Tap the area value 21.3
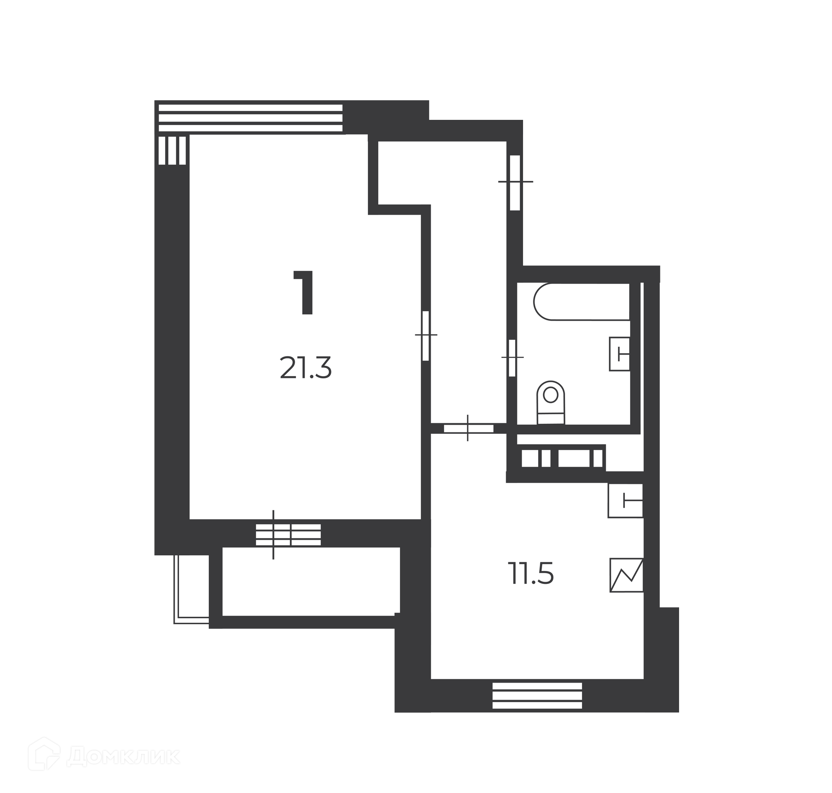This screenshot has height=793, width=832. (x=306, y=368)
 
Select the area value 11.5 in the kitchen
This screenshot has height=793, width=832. (x=531, y=574)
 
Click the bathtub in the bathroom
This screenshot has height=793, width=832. (x=582, y=302)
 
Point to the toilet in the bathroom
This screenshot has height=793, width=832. (x=551, y=403)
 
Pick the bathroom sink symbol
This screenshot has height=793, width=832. (x=620, y=354)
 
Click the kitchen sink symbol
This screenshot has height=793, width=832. (x=625, y=500)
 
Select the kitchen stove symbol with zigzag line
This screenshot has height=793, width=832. (x=627, y=575)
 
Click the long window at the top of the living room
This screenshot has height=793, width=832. (x=250, y=117)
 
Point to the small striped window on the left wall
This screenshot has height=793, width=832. (x=172, y=150)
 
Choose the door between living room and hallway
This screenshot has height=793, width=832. (x=426, y=335)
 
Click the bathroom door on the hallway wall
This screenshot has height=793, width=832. (x=512, y=358)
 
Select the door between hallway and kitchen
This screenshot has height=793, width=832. (x=468, y=429)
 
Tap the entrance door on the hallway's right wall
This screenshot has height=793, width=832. (x=515, y=182)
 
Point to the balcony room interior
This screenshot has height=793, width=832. (x=310, y=581)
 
